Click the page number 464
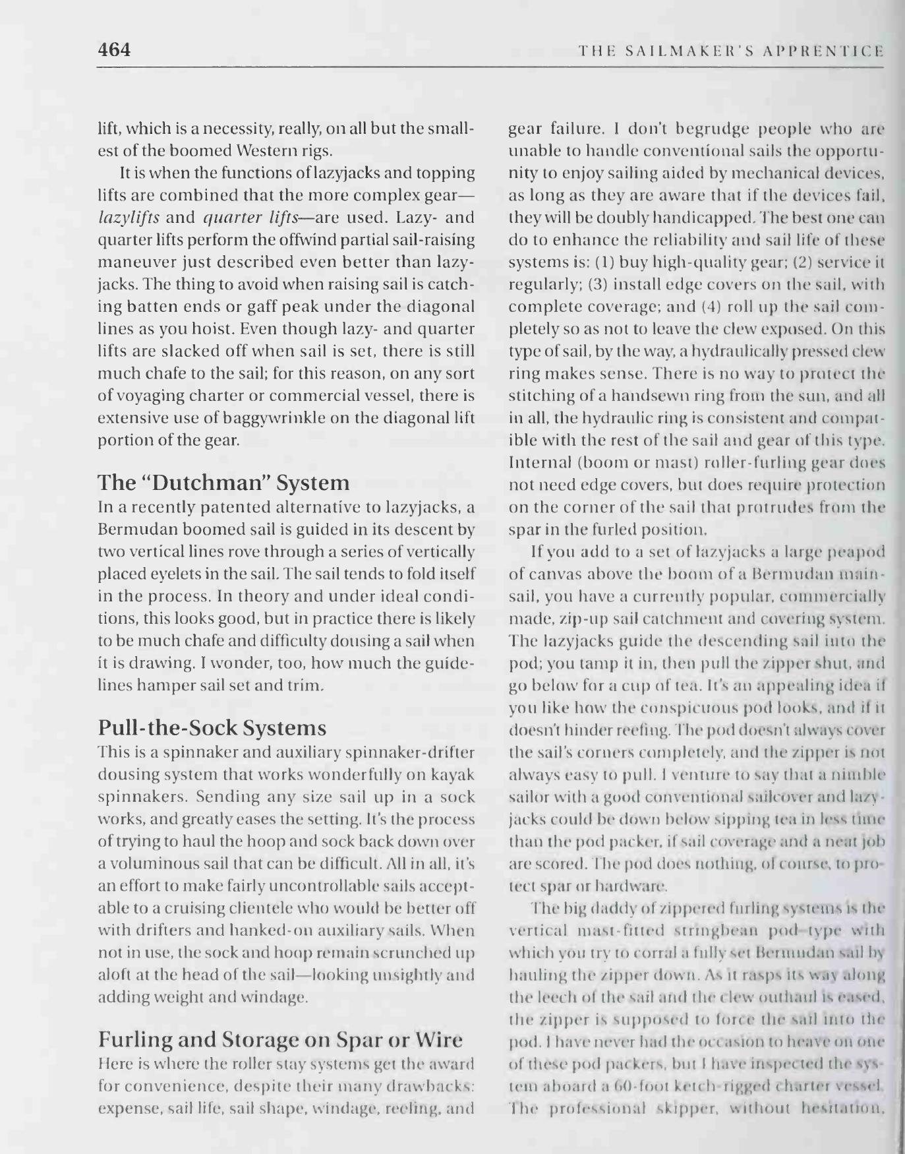coord(114,49)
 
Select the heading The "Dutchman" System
coord(223,483)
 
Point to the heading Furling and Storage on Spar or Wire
coord(280,1040)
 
